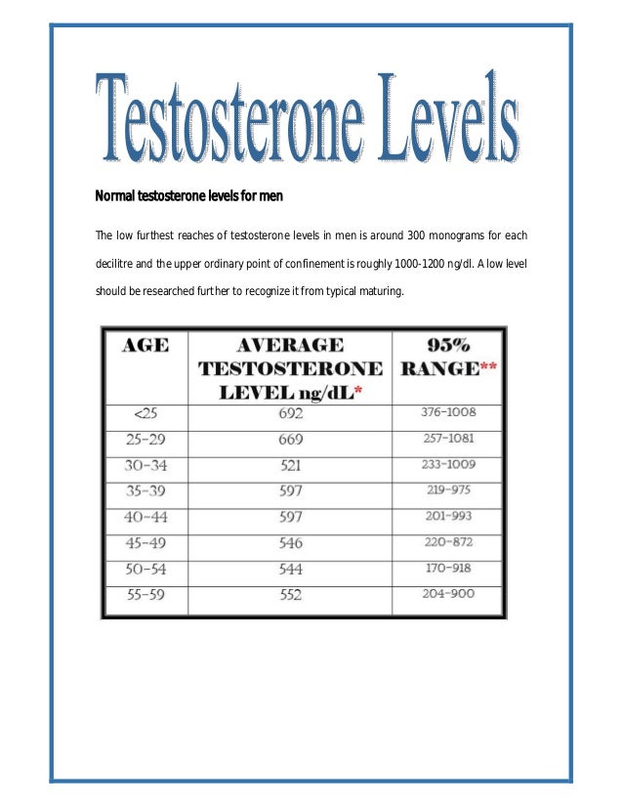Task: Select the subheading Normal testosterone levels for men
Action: [x=188, y=196]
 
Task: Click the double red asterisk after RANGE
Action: [x=489, y=369]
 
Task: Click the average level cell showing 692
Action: [x=291, y=413]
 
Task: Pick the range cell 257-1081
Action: [x=447, y=439]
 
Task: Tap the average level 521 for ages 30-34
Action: [x=291, y=464]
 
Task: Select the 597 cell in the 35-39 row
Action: [x=291, y=490]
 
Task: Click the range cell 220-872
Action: [x=447, y=541]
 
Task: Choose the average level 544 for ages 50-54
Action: [x=291, y=568]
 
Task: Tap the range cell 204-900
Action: [x=447, y=593]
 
